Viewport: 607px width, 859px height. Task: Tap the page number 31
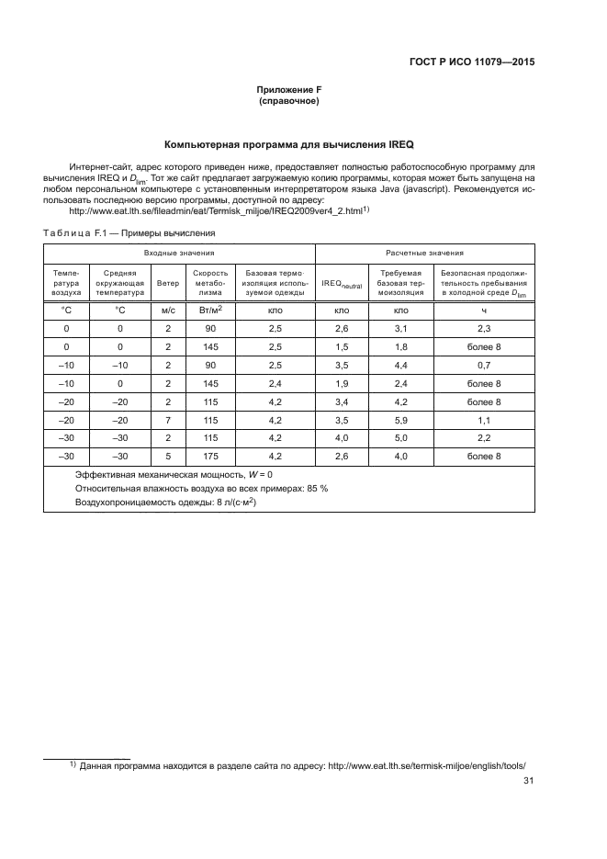(528, 782)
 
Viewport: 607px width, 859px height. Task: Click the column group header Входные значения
(179, 252)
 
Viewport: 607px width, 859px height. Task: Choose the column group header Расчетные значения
(423, 252)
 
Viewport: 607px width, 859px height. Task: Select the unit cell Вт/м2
(210, 311)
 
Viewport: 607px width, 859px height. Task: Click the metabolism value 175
(210, 456)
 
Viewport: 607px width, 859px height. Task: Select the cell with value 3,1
(399, 328)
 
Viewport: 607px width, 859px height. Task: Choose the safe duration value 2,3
(485, 328)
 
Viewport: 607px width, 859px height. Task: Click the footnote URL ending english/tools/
(432, 764)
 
